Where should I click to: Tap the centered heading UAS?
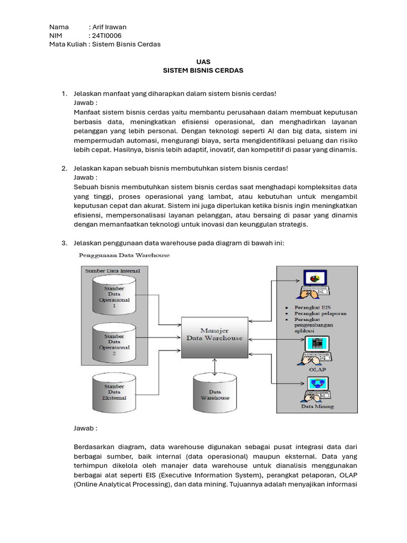pos(203,62)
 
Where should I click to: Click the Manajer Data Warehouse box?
pos(214,334)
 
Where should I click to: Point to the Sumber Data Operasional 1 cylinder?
pos(114,297)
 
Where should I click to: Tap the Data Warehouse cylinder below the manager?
pos(215,393)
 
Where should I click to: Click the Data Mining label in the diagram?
pos(317,407)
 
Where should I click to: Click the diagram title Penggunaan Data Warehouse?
pos(124,255)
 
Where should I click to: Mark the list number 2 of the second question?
pos(64,168)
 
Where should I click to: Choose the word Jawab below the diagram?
pos(85,428)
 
